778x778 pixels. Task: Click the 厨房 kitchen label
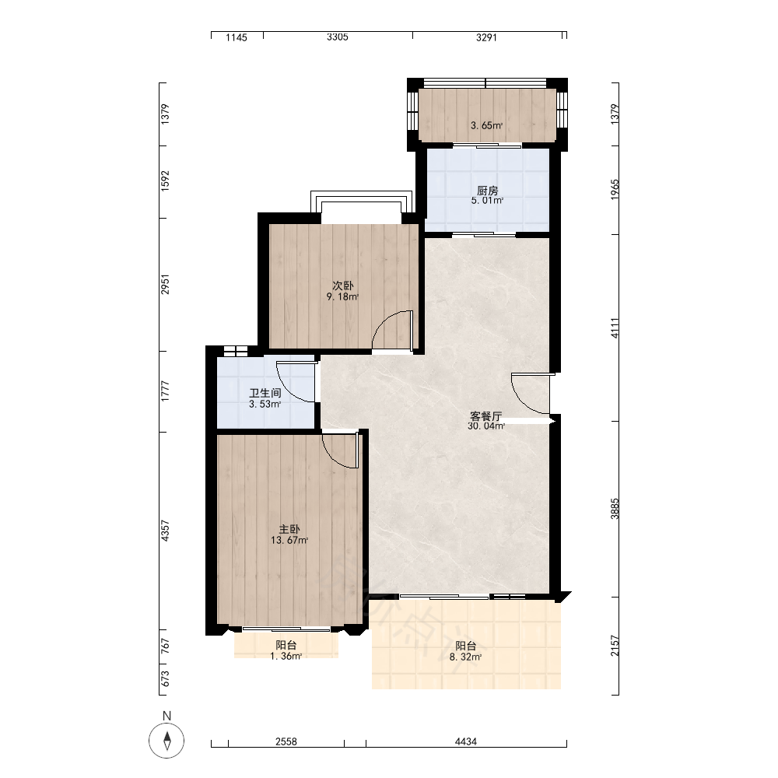[487, 191]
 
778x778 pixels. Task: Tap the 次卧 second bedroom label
[343, 286]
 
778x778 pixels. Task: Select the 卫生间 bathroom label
[265, 393]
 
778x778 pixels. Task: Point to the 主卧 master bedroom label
[289, 529]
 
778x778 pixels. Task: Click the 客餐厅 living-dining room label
[486, 415]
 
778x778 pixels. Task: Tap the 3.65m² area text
[487, 125]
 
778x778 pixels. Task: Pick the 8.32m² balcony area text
[465, 657]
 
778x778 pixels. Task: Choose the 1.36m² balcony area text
[286, 657]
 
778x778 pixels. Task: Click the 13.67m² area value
[289, 541]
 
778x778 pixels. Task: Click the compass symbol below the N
[166, 741]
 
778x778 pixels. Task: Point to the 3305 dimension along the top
[338, 37]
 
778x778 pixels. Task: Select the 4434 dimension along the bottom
[466, 741]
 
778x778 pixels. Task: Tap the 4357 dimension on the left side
[165, 531]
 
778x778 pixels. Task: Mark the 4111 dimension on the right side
[615, 328]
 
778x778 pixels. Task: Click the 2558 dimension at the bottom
[286, 741]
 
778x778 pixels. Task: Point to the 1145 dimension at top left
[237, 37]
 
